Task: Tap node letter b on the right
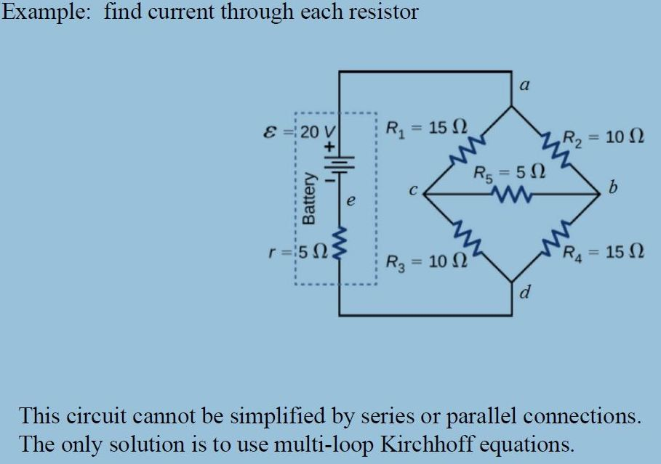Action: tap(612, 190)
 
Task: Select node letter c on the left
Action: tap(412, 192)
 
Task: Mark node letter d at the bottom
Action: tap(525, 293)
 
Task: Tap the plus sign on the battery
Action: tap(328, 146)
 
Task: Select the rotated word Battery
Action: tap(311, 198)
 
